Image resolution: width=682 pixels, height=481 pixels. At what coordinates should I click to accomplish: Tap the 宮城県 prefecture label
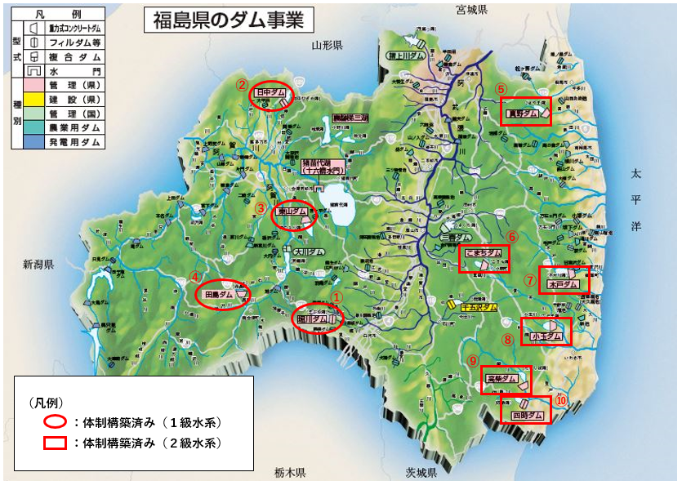tap(472, 10)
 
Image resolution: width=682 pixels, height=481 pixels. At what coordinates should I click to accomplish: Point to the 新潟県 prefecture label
tap(38, 265)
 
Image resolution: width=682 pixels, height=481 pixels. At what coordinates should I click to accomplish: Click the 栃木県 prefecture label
tap(290, 473)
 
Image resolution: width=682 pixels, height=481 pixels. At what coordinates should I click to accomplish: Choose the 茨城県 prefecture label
tap(422, 473)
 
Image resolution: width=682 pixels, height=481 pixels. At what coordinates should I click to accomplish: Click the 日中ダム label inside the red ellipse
tap(270, 94)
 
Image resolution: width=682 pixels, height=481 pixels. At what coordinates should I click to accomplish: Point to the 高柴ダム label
tap(501, 379)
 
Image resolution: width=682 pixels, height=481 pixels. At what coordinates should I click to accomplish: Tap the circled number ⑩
tap(560, 400)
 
